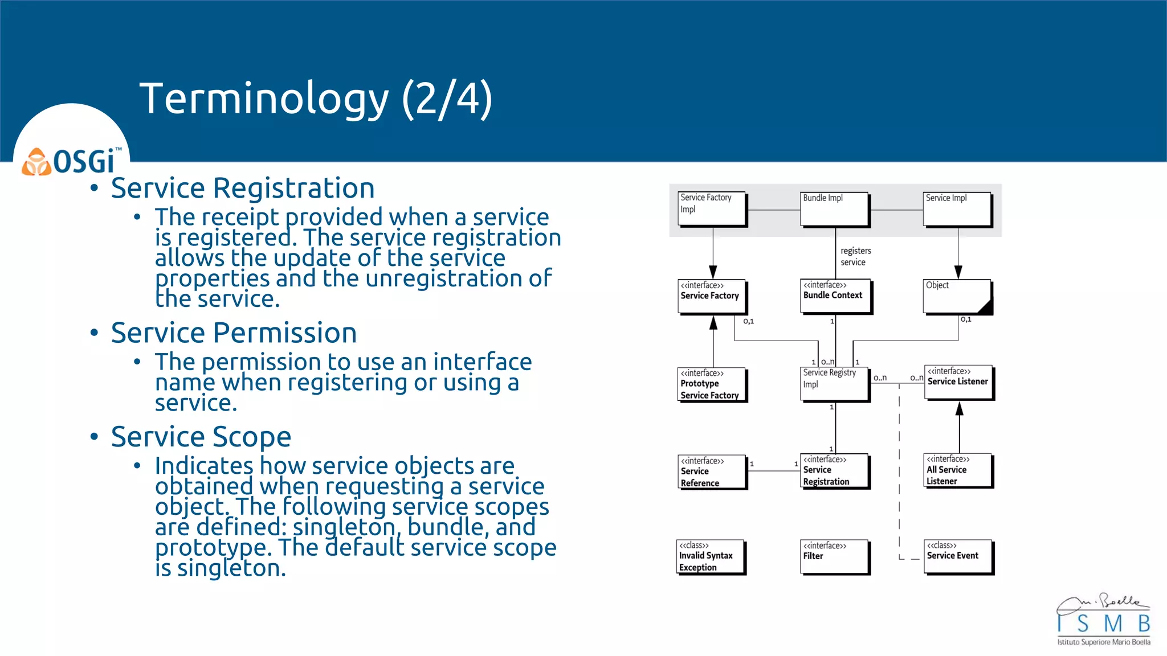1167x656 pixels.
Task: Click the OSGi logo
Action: (x=72, y=161)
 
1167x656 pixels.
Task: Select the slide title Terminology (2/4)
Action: (x=316, y=99)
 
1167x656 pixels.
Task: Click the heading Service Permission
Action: (x=234, y=333)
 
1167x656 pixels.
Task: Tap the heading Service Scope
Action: (x=201, y=437)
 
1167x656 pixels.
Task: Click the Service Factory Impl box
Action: (x=712, y=209)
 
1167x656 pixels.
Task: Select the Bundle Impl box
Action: (x=835, y=209)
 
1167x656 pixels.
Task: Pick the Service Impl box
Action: (x=957, y=209)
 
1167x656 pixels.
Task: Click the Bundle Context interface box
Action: (x=835, y=296)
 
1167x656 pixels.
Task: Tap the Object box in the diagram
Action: (x=957, y=296)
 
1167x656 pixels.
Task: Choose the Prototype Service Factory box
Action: (x=712, y=384)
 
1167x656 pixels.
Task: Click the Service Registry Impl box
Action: (x=835, y=384)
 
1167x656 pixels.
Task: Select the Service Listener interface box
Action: (x=958, y=382)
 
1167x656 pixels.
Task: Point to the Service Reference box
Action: (x=712, y=471)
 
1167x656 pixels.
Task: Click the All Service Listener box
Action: (x=958, y=470)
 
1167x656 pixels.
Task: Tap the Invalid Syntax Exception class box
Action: (x=711, y=556)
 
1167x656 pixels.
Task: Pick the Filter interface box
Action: (x=835, y=556)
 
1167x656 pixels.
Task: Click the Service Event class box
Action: (x=958, y=556)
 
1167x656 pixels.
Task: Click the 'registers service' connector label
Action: (x=855, y=256)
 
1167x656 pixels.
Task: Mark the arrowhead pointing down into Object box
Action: (x=958, y=272)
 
